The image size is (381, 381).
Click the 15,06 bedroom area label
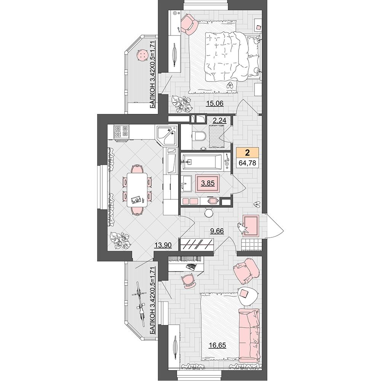click(215, 103)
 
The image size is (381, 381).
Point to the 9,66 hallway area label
click(216, 231)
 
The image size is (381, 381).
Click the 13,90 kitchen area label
click(163, 245)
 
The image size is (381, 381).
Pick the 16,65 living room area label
click(218, 345)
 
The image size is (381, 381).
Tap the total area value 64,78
click(247, 163)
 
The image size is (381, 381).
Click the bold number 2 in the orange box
click(247, 153)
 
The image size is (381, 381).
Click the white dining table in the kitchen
click(137, 190)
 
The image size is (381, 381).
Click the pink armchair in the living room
click(246, 271)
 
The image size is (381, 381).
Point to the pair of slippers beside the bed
click(230, 85)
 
